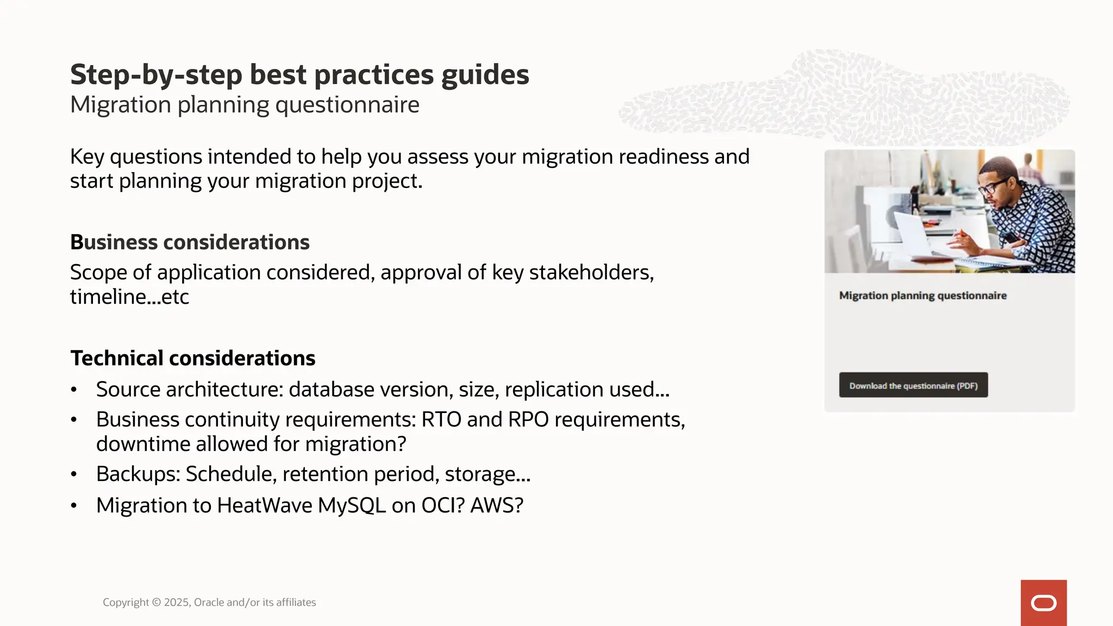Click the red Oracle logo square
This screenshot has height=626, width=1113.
click(x=1043, y=603)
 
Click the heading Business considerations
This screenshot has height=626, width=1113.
click(x=190, y=242)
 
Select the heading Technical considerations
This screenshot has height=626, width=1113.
click(x=192, y=358)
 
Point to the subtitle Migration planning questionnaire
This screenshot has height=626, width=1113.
click(x=245, y=105)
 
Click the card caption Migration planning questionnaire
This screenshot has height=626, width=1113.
click(x=922, y=296)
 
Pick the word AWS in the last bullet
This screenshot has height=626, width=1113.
click(x=496, y=505)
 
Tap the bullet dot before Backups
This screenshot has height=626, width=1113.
click(x=74, y=474)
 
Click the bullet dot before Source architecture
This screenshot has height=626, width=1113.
click(x=74, y=390)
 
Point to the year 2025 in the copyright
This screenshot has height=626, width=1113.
click(x=176, y=602)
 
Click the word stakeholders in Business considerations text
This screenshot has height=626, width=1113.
click(x=590, y=272)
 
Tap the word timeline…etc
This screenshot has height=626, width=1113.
click(x=129, y=297)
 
